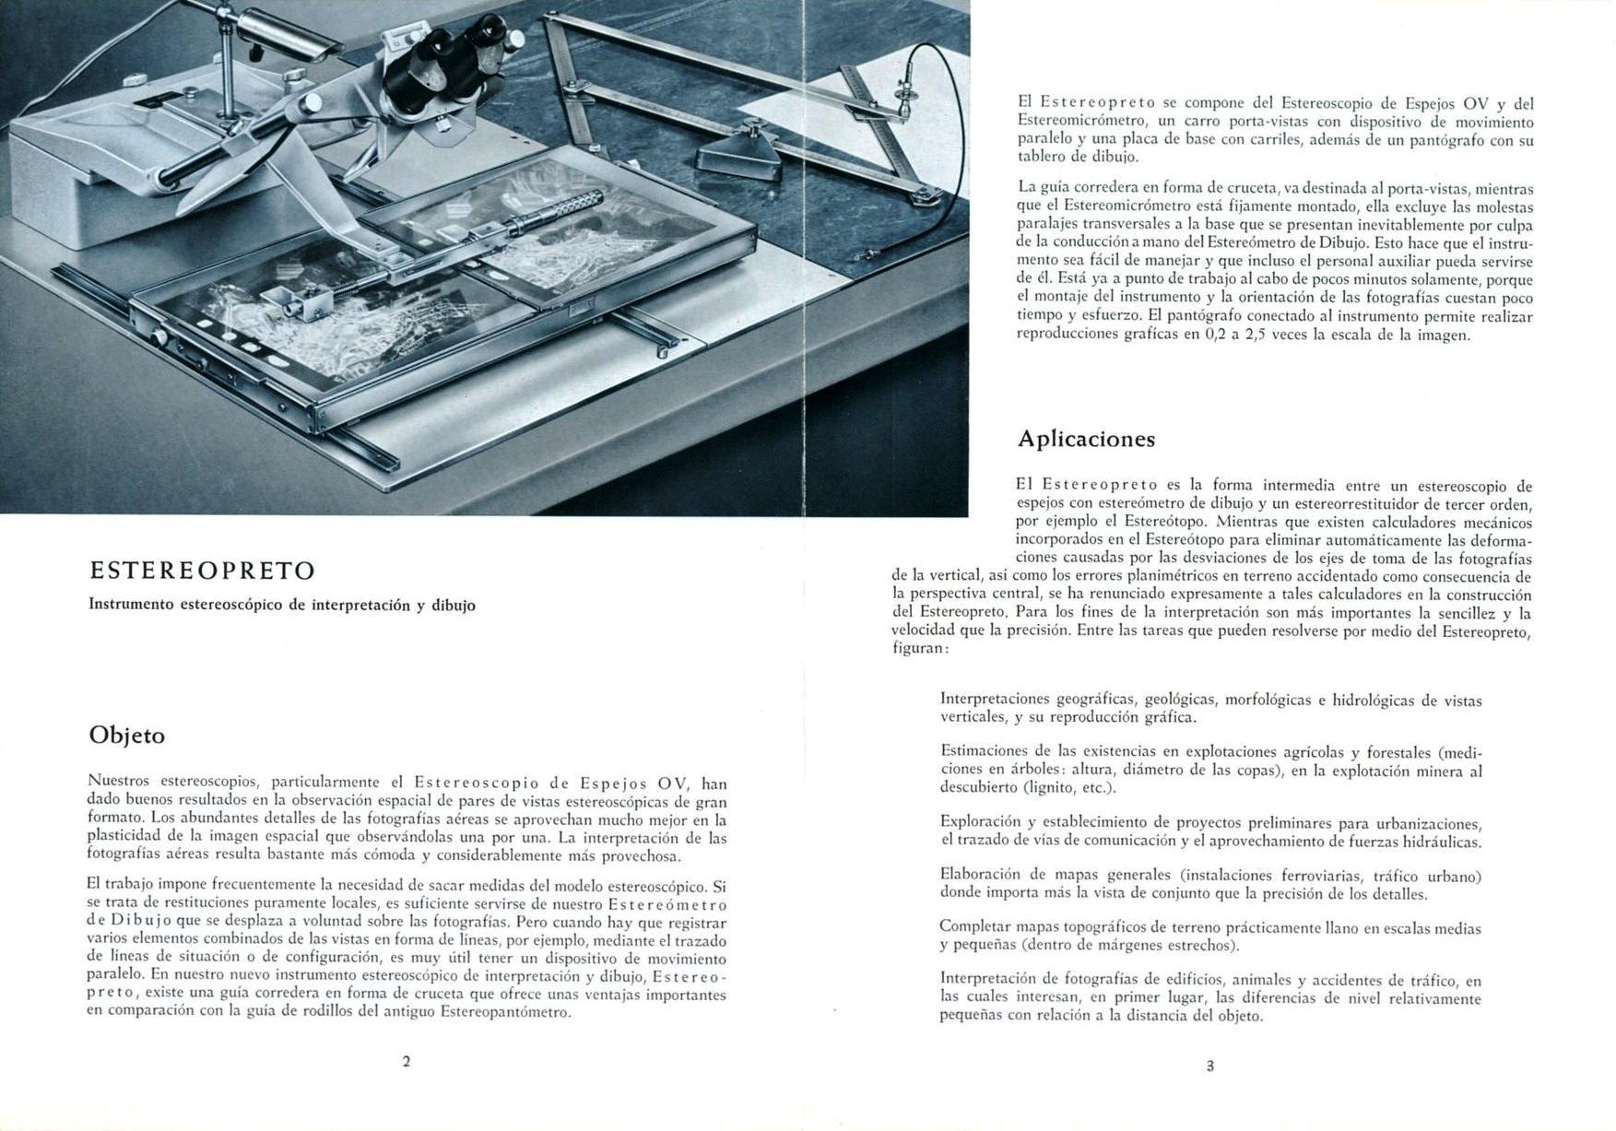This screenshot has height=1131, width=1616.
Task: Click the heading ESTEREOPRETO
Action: (203, 571)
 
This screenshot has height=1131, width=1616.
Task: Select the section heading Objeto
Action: (127, 736)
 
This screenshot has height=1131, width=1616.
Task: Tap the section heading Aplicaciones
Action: (1086, 439)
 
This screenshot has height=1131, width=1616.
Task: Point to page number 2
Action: (407, 1061)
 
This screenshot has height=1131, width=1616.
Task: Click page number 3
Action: (1210, 1066)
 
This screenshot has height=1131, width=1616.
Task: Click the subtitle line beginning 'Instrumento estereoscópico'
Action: (282, 606)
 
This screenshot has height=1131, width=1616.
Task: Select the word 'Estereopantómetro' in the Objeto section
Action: (505, 1013)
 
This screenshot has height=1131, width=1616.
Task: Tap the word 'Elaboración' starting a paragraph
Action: (977, 875)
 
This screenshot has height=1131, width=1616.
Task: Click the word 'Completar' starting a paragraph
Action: (973, 927)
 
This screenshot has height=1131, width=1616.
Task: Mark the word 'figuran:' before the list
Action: (920, 648)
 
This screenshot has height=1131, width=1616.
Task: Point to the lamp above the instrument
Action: (286, 32)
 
